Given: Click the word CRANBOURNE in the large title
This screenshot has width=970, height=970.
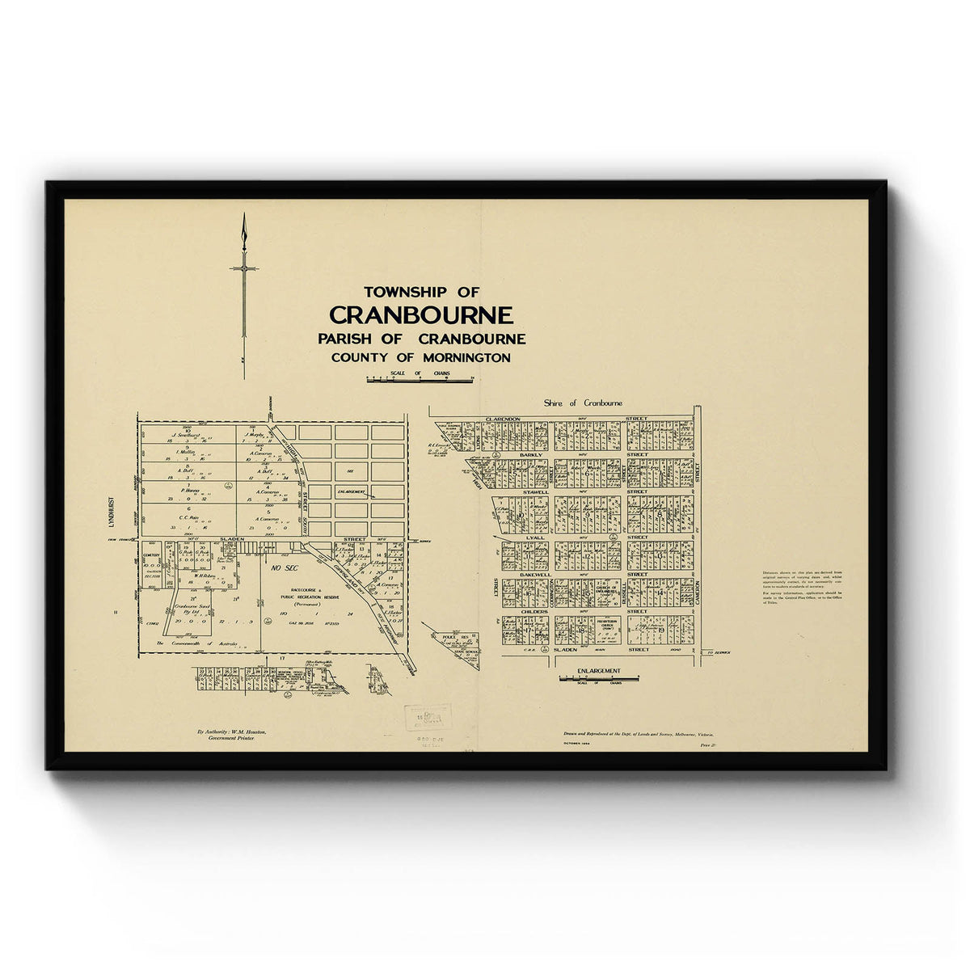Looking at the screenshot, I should click(421, 314).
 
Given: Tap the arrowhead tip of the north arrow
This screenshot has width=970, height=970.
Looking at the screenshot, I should click(243, 217).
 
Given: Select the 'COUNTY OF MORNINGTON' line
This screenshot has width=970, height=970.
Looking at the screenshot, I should click(421, 357).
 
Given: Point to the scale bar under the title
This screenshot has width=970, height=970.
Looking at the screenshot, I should click(421, 378).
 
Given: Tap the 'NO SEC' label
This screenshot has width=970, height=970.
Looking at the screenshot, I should click(285, 568).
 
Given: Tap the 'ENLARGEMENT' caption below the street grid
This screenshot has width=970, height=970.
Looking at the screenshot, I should click(599, 671).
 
